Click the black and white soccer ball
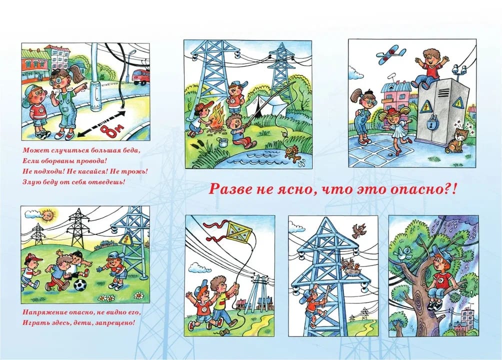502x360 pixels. coord(80,284)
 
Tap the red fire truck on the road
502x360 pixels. coord(141,77)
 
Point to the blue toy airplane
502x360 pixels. coord(391,55)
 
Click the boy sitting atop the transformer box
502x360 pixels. coord(430,68)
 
